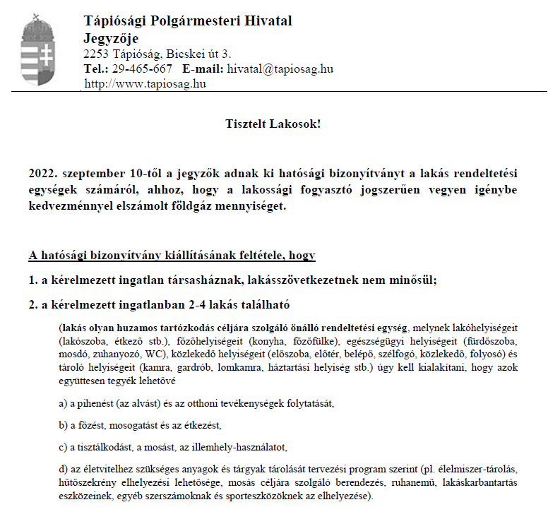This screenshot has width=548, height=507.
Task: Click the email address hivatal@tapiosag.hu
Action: pos(280,69)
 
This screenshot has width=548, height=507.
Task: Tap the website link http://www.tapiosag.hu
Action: pos(145,83)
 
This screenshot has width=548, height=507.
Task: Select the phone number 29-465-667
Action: pos(141,69)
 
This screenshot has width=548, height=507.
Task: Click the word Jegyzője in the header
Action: pos(111,38)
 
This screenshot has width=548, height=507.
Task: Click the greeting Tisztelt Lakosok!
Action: pos(273,124)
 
